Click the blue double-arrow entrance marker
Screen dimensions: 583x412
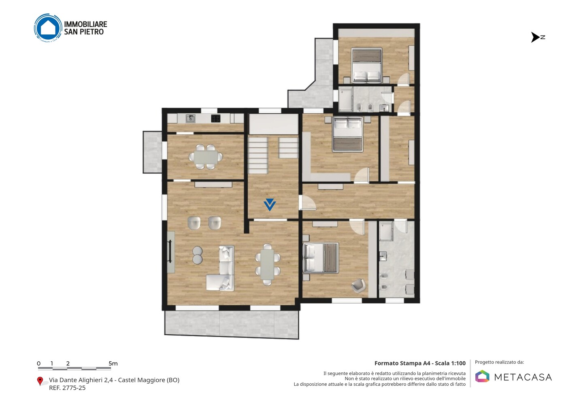tap(270, 205)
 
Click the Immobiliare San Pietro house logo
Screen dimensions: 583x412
tap(48, 28)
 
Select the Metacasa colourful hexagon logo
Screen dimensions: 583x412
tap(482, 376)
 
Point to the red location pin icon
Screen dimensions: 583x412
tap(40, 381)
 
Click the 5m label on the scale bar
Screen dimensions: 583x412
tap(113, 363)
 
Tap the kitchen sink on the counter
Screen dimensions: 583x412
tap(191, 119)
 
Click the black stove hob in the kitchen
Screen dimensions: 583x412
tap(215, 119)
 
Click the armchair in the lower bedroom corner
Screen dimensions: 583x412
tap(359, 286)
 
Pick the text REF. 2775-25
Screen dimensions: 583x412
tap(67, 388)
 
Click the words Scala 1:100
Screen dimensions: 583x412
tap(450, 363)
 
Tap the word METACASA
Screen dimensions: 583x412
tap(523, 378)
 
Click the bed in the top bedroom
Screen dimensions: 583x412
tap(366, 66)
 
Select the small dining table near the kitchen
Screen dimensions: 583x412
tap(206, 157)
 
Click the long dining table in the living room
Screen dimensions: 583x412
tap(267, 264)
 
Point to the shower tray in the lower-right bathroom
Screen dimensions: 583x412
tap(386, 231)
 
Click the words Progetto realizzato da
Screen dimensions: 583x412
tap(499, 362)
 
